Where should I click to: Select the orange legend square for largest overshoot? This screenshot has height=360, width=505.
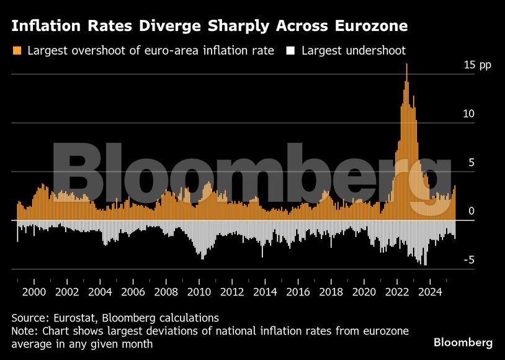pos(17,50)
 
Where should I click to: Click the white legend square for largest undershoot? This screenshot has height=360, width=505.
pos(290,50)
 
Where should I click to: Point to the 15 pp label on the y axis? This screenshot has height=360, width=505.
pos(476,65)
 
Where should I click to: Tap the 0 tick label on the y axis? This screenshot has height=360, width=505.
pos(471,212)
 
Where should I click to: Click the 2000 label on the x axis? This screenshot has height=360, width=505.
pos(34,292)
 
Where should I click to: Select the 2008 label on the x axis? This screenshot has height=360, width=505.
pos(166,292)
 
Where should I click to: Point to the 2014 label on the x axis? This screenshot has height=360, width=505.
pos(266,292)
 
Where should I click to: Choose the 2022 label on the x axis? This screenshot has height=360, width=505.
pos(398,292)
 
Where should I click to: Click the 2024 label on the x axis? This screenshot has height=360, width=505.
pos(431,292)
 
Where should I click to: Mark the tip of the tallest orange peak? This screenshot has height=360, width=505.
pos(406,65)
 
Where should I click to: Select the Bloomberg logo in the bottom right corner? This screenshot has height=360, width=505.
pos(463,343)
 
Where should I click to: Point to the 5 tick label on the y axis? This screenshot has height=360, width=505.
pos(471,163)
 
